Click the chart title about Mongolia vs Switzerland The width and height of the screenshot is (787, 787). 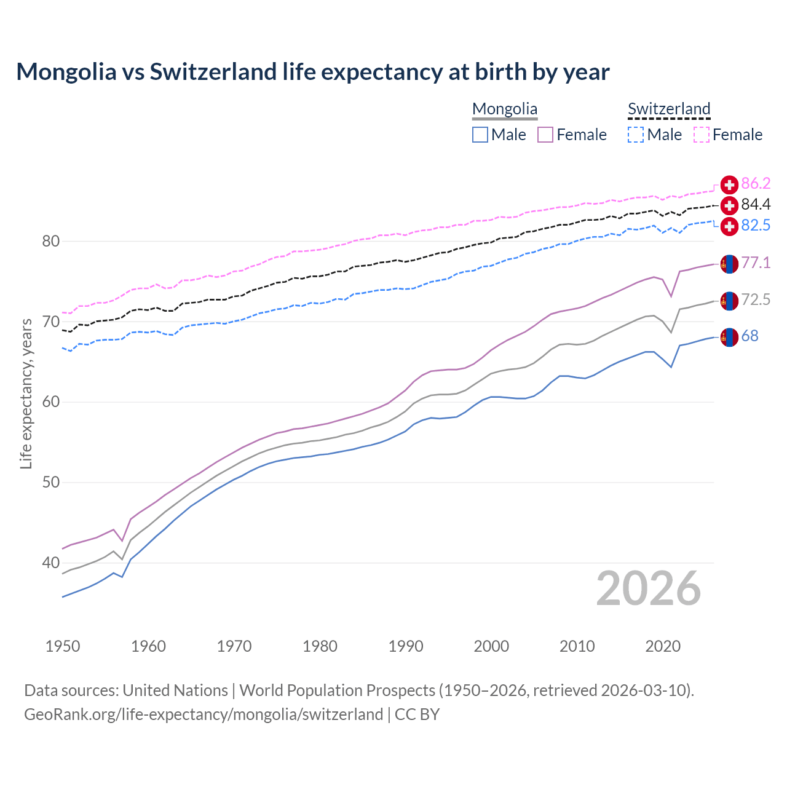(312, 72)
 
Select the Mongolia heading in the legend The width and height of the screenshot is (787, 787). (504, 109)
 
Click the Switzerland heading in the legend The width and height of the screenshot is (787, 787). (669, 109)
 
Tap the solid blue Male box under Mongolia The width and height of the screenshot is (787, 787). (480, 135)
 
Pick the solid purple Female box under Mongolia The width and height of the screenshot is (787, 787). (545, 135)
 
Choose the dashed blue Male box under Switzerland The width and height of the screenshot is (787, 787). (636, 135)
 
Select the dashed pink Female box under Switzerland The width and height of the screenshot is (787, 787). (702, 135)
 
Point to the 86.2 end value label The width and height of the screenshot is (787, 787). (756, 183)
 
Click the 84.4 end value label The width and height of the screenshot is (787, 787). (756, 204)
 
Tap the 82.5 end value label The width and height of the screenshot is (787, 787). (756, 226)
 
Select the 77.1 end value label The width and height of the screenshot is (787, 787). (756, 263)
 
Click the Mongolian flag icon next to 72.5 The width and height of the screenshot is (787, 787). (729, 301)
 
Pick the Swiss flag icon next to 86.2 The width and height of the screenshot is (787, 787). (729, 184)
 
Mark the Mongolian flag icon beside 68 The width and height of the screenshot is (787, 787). (729, 337)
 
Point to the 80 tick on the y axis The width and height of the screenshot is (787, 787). (50, 241)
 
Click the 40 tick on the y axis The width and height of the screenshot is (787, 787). (50, 563)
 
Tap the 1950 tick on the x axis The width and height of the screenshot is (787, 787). (63, 646)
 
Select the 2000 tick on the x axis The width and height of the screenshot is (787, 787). (491, 646)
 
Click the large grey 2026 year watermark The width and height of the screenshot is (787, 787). (648, 589)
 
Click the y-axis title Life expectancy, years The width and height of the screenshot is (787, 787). (26, 393)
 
